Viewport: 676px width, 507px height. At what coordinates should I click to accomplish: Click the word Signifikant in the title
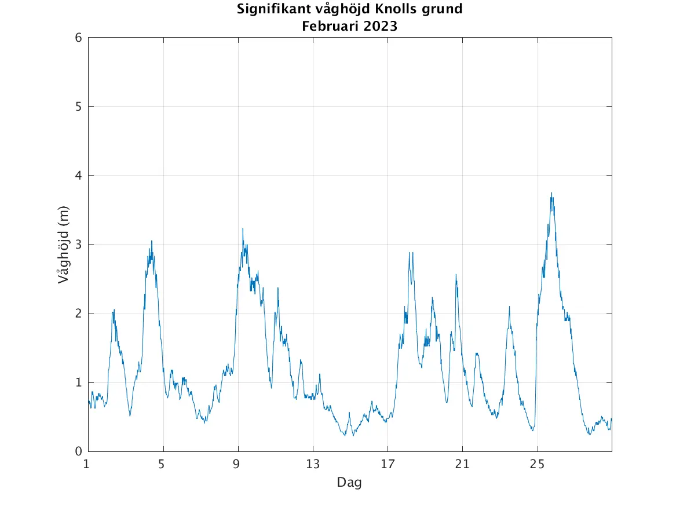[271, 9]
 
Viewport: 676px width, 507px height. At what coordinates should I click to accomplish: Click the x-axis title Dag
[349, 482]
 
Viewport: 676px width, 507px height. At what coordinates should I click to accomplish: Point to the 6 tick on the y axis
[78, 38]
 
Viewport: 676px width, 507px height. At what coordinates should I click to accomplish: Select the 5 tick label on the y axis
[78, 107]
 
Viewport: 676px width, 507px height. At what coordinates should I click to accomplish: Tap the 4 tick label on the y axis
[78, 176]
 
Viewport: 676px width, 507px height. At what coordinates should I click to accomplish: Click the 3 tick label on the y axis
[78, 245]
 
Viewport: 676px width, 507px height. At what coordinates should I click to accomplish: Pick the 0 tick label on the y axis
[78, 451]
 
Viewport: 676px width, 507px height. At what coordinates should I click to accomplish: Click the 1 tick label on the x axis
[86, 464]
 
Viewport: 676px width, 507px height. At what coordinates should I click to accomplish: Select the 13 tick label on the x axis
[313, 464]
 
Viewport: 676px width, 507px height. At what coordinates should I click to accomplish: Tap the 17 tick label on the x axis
[388, 464]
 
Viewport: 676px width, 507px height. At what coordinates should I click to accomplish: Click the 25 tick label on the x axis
[538, 464]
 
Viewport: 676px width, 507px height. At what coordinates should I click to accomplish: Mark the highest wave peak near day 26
[551, 194]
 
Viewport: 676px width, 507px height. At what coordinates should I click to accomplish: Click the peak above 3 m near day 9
[243, 229]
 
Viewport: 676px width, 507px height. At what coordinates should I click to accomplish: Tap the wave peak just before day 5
[152, 241]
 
